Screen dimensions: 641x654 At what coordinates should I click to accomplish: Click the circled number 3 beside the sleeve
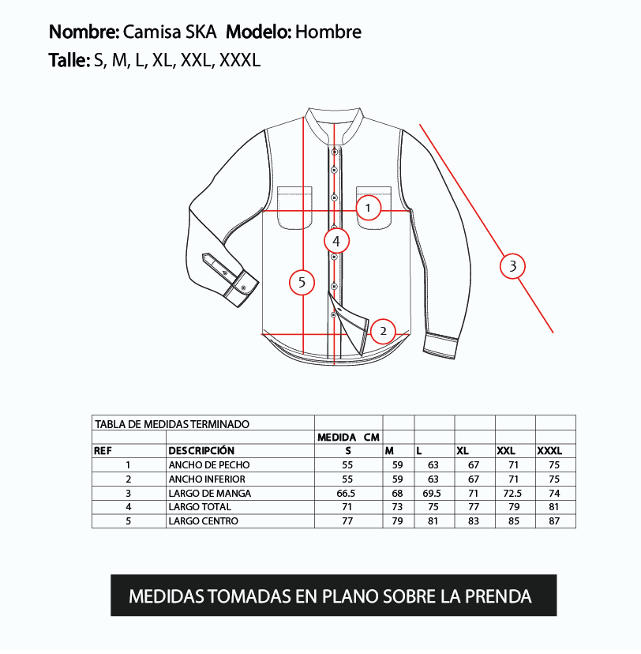point(512,266)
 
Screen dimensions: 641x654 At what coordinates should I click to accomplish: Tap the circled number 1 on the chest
point(368,208)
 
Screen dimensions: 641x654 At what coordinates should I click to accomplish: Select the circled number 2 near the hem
point(383,331)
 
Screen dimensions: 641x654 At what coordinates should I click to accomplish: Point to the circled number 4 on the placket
point(336,241)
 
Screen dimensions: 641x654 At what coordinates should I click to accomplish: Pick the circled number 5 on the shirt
point(302,283)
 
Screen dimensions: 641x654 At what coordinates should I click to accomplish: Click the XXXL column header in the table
point(549,451)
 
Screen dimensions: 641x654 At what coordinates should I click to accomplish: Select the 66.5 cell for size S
point(346,494)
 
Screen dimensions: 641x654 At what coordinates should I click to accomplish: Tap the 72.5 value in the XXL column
point(512,494)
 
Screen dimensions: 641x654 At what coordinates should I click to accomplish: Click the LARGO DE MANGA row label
point(210,494)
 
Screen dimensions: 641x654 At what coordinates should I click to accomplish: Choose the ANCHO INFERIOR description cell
point(207,479)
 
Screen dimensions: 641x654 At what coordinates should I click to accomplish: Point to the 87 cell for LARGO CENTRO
point(554,521)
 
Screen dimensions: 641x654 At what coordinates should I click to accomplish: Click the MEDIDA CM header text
point(348,437)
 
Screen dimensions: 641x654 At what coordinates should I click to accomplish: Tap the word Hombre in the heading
point(328,32)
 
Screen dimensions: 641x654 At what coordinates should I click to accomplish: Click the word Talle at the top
point(69,60)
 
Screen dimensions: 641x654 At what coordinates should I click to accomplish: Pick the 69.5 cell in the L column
point(431,494)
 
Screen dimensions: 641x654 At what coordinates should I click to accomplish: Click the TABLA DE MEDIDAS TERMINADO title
point(172,424)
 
